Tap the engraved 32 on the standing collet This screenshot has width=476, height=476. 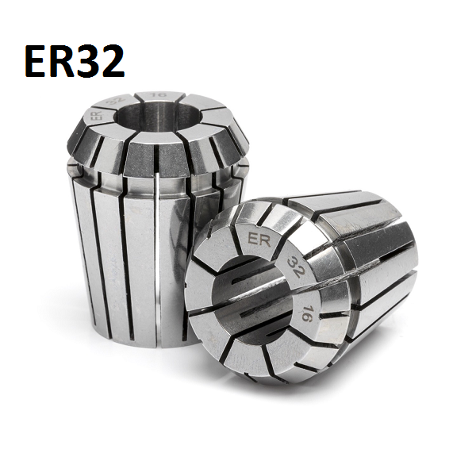pos(117,102)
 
